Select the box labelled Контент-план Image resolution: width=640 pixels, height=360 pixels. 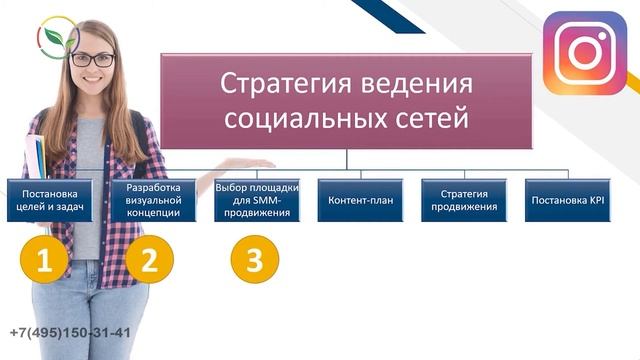(361, 200)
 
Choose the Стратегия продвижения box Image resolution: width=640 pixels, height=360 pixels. (464, 200)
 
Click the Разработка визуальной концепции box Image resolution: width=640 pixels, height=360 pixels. (154, 200)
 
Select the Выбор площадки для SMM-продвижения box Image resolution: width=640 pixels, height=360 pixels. (257, 200)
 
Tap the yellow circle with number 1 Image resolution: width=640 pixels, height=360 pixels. (43, 261)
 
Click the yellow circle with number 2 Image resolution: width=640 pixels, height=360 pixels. (149, 261)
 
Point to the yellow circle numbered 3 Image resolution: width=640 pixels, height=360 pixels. (254, 261)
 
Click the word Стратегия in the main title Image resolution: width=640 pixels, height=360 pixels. (279, 82)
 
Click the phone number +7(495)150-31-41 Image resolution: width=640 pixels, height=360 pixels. (70, 334)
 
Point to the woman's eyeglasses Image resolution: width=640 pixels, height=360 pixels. (93, 60)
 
